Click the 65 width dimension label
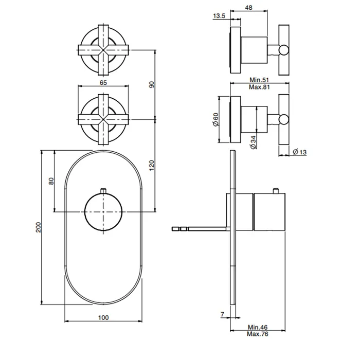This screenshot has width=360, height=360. click(x=103, y=83)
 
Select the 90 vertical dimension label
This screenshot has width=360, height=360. click(x=152, y=84)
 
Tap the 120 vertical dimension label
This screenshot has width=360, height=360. click(x=152, y=165)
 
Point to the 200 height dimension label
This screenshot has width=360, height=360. click(x=39, y=227)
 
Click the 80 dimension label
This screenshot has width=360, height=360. click(x=51, y=181)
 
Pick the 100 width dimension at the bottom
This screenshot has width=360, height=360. click(x=103, y=317)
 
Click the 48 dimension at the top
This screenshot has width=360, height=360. click(x=248, y=8)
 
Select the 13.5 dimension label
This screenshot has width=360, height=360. click(x=219, y=16)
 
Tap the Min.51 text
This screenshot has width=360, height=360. click(x=259, y=80)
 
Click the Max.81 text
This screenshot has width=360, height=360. click(x=259, y=87)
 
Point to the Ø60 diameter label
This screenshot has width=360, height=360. click(x=216, y=119)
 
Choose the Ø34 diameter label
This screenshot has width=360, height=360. click(x=254, y=142)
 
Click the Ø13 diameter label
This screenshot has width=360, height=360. click(x=300, y=152)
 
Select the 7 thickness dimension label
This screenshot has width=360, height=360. click(x=222, y=314)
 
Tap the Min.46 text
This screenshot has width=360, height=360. click(x=258, y=327)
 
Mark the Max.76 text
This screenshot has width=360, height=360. click(x=258, y=334)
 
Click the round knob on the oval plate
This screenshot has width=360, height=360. click(x=103, y=212)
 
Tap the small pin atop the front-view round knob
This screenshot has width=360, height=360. click(x=103, y=191)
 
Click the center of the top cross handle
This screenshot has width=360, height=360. click(x=103, y=50)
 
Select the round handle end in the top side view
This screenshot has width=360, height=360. click(x=284, y=50)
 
